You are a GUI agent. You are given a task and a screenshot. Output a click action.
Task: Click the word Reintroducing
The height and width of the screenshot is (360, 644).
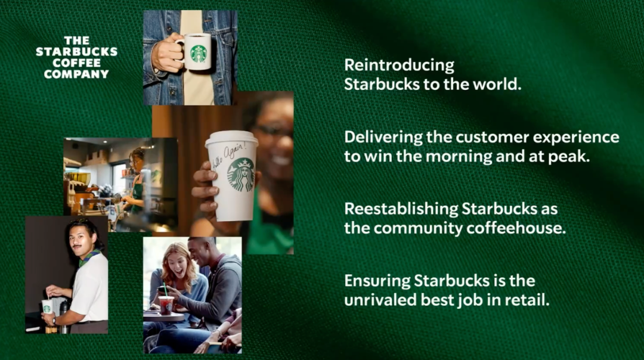(x=399, y=66)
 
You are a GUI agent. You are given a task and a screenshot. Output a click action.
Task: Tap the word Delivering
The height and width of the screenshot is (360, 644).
(x=383, y=138)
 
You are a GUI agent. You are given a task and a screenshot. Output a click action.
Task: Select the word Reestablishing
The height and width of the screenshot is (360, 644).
(x=401, y=209)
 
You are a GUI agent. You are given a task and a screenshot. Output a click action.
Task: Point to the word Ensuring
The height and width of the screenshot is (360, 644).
(x=377, y=281)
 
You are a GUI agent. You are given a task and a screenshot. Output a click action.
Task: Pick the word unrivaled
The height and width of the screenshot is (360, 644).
(x=380, y=300)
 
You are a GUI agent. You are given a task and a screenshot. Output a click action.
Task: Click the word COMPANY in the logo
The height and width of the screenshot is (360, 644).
(x=76, y=75)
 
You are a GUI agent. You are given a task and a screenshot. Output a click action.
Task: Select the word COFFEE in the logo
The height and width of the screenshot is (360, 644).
(x=76, y=63)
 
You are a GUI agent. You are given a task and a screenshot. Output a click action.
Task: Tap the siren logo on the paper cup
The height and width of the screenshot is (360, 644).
(x=241, y=175)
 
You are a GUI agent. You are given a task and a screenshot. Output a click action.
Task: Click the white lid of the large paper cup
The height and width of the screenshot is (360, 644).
(x=231, y=139)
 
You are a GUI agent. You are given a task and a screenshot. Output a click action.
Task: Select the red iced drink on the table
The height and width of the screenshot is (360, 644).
(x=166, y=305)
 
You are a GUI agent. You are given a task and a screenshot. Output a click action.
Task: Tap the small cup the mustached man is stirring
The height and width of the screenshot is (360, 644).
(x=47, y=306)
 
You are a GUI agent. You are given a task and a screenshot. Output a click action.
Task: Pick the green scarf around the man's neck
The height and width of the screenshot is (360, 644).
(x=89, y=257)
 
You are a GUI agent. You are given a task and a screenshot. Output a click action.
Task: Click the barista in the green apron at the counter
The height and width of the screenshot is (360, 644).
(x=136, y=181)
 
